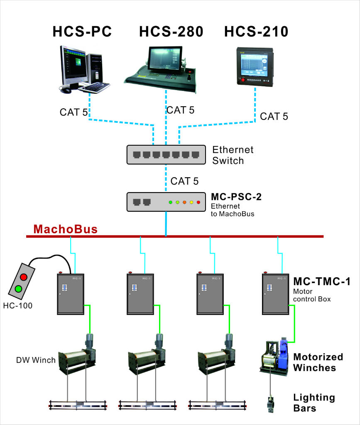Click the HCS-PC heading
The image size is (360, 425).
82,32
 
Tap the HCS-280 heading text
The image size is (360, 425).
171,32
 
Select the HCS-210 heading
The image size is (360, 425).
256,32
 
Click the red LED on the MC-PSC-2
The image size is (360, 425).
198,202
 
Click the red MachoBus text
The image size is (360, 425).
66,229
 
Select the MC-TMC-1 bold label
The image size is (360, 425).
322,282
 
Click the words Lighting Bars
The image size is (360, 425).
314,403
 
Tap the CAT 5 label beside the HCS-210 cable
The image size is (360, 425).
274,117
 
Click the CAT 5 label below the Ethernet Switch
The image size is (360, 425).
184,181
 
